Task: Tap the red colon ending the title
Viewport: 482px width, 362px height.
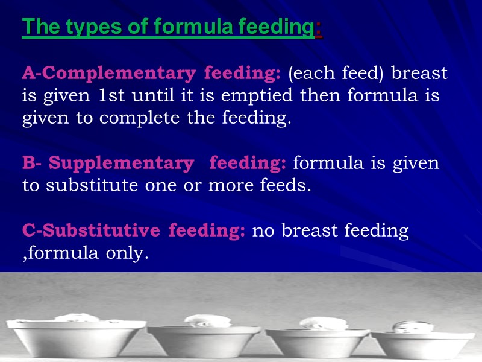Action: click(319, 27)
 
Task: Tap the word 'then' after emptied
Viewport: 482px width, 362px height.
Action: click(319, 96)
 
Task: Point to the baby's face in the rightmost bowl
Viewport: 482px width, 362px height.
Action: click(405, 328)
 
